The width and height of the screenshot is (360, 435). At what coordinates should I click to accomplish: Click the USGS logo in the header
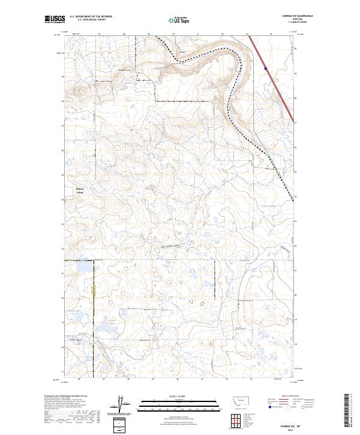(x=53, y=20)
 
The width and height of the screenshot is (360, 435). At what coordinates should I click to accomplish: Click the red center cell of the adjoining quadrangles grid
(x=238, y=420)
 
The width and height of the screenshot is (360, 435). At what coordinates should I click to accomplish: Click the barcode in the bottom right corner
(x=348, y=411)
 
